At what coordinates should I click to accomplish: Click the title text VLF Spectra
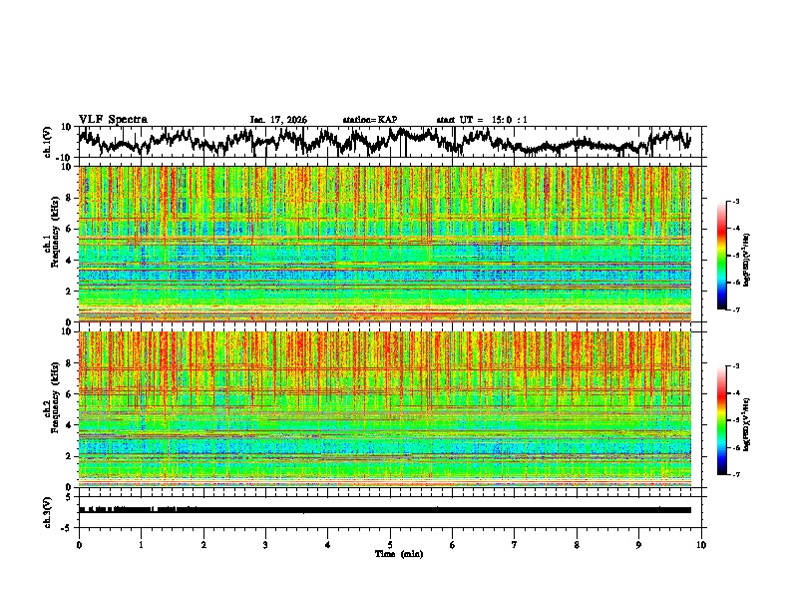113,119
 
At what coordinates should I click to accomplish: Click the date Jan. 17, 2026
278,120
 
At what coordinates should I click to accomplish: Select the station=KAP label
370,120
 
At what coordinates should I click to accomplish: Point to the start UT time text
482,120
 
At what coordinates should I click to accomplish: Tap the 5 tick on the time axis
390,545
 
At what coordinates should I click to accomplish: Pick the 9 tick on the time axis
639,545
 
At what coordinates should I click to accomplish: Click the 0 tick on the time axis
79,545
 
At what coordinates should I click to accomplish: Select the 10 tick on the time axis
701,545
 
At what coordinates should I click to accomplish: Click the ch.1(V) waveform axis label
48,143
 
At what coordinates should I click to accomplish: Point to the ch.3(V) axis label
48,510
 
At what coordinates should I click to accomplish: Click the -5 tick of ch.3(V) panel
66,526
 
